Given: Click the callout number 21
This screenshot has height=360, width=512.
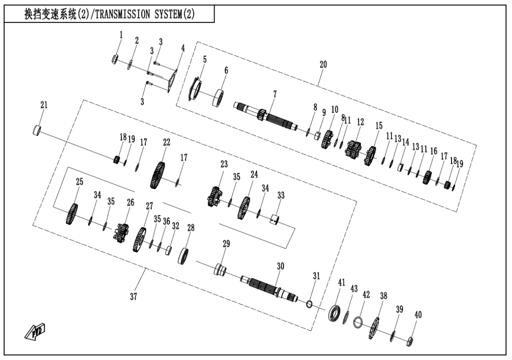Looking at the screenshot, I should pyautogui.click(x=43, y=106).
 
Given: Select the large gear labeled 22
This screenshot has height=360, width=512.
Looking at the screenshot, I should pyautogui.click(x=159, y=174).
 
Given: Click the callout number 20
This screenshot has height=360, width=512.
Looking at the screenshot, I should pyautogui.click(x=323, y=65).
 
